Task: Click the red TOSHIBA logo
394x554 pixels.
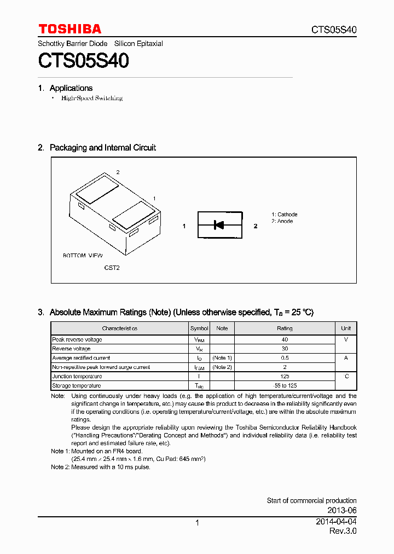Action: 69,29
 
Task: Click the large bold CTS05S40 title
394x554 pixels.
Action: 83,61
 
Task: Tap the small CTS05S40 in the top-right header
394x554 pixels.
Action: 334,30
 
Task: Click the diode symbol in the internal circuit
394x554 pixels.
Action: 219,225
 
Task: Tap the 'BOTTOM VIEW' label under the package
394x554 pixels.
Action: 83,256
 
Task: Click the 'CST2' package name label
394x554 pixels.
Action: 112,268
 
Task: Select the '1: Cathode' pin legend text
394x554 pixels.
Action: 285,215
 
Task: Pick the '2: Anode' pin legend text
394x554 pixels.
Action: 282,221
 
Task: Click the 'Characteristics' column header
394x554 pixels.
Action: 119,328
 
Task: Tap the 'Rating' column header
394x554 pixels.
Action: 285,328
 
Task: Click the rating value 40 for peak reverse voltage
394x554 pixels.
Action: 285,339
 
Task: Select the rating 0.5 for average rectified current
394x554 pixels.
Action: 285,358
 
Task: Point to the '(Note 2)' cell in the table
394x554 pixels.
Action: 222,367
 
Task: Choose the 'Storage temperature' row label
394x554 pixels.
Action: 76,386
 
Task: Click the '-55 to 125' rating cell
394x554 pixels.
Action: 285,386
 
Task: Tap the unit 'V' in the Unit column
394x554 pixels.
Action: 346,339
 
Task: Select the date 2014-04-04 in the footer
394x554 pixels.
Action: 337,522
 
